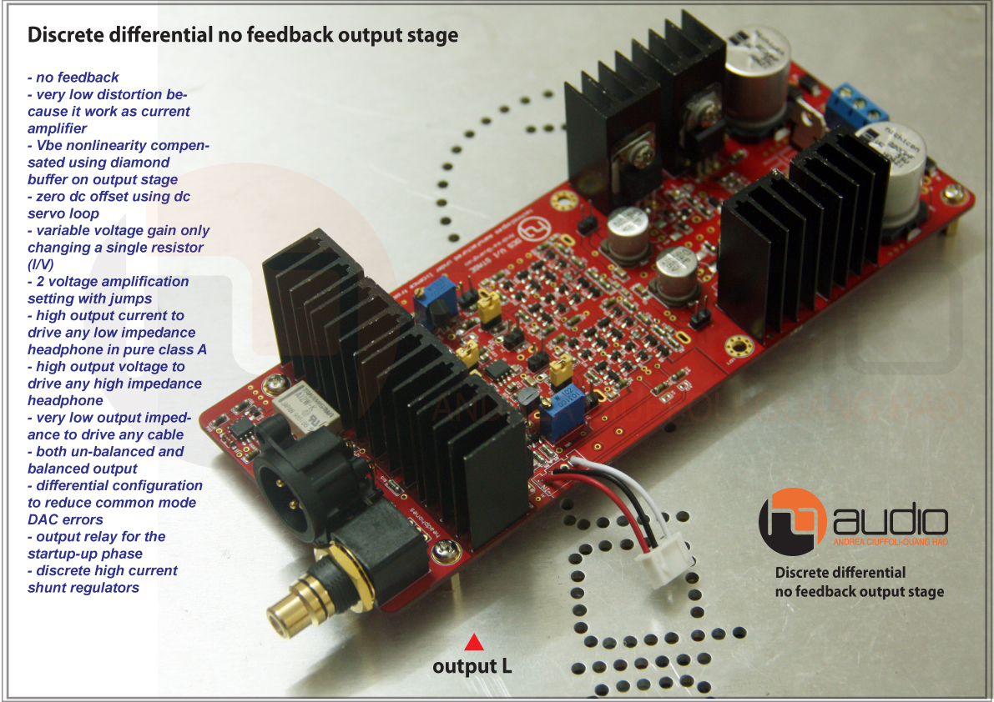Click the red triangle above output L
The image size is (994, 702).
pyautogui.click(x=474, y=642)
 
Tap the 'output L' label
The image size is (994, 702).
pyautogui.click(x=472, y=666)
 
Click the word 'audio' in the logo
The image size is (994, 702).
pyautogui.click(x=891, y=521)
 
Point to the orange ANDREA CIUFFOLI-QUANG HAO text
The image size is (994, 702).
pyautogui.click(x=891, y=543)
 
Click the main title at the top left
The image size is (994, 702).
pyautogui.click(x=243, y=35)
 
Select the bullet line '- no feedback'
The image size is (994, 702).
pyautogui.click(x=73, y=78)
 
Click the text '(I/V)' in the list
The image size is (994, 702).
pyautogui.click(x=45, y=264)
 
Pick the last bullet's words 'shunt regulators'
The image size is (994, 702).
pyautogui.click(x=83, y=588)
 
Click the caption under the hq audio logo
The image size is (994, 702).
pyautogui.click(x=859, y=582)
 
